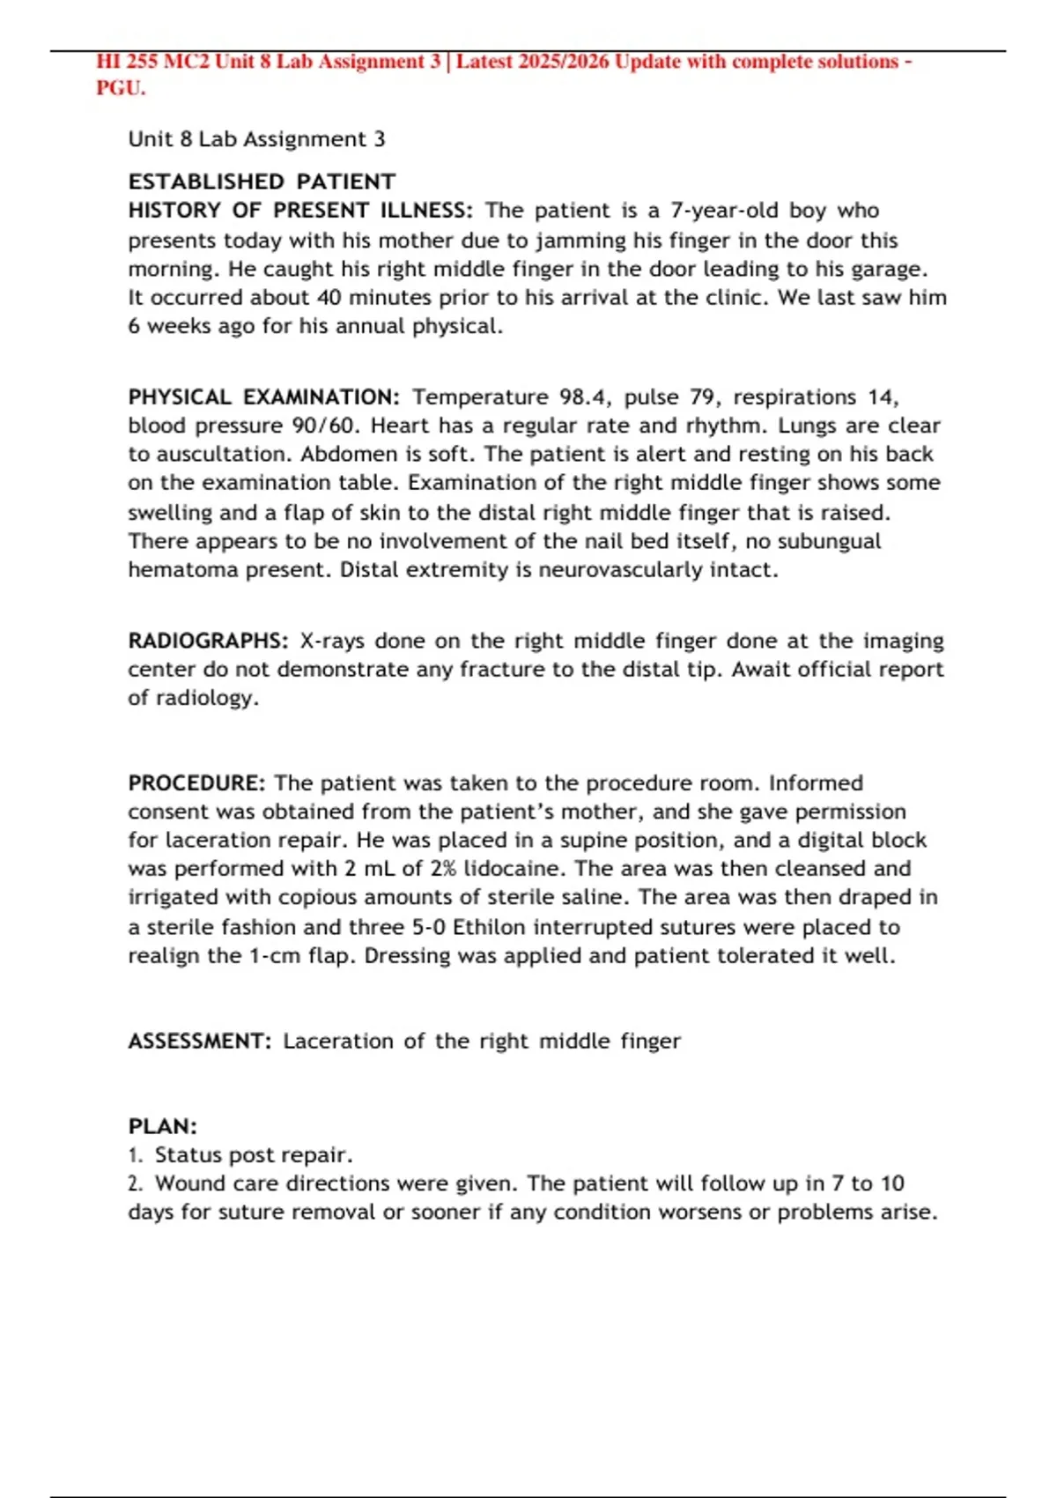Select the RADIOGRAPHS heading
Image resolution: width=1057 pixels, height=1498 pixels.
(208, 641)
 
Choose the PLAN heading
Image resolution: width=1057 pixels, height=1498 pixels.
(163, 1127)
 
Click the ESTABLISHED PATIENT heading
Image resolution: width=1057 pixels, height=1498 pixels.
(262, 182)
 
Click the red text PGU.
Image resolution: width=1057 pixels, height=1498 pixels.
(120, 88)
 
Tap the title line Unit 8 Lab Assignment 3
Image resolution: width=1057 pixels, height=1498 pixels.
(256, 139)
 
